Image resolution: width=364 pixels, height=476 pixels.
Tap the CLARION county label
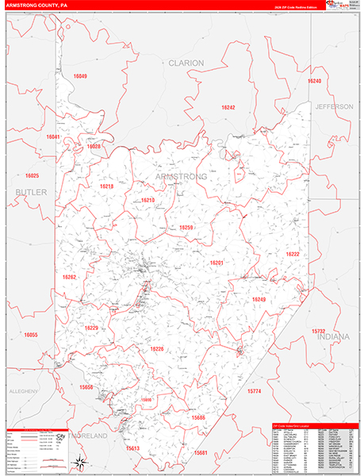click(186, 63)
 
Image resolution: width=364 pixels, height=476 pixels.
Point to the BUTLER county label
click(31, 193)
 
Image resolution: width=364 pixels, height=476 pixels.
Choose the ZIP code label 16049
click(80, 76)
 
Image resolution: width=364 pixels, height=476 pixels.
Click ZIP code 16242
click(228, 107)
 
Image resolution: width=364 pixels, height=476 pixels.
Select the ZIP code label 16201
click(216, 263)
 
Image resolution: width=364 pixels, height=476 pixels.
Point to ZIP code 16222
click(293, 254)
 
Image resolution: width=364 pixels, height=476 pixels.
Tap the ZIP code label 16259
click(186, 228)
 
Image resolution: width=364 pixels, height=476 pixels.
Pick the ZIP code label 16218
click(106, 186)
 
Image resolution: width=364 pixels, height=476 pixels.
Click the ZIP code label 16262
click(69, 277)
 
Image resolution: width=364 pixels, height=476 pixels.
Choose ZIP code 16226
click(156, 349)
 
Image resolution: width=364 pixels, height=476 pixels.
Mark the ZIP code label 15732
click(318, 331)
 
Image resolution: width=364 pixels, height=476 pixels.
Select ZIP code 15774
click(254, 391)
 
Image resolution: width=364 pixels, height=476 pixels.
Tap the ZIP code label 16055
click(31, 335)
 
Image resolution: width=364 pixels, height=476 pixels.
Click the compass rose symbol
click(79, 461)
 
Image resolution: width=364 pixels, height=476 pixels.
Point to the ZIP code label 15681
click(201, 452)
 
